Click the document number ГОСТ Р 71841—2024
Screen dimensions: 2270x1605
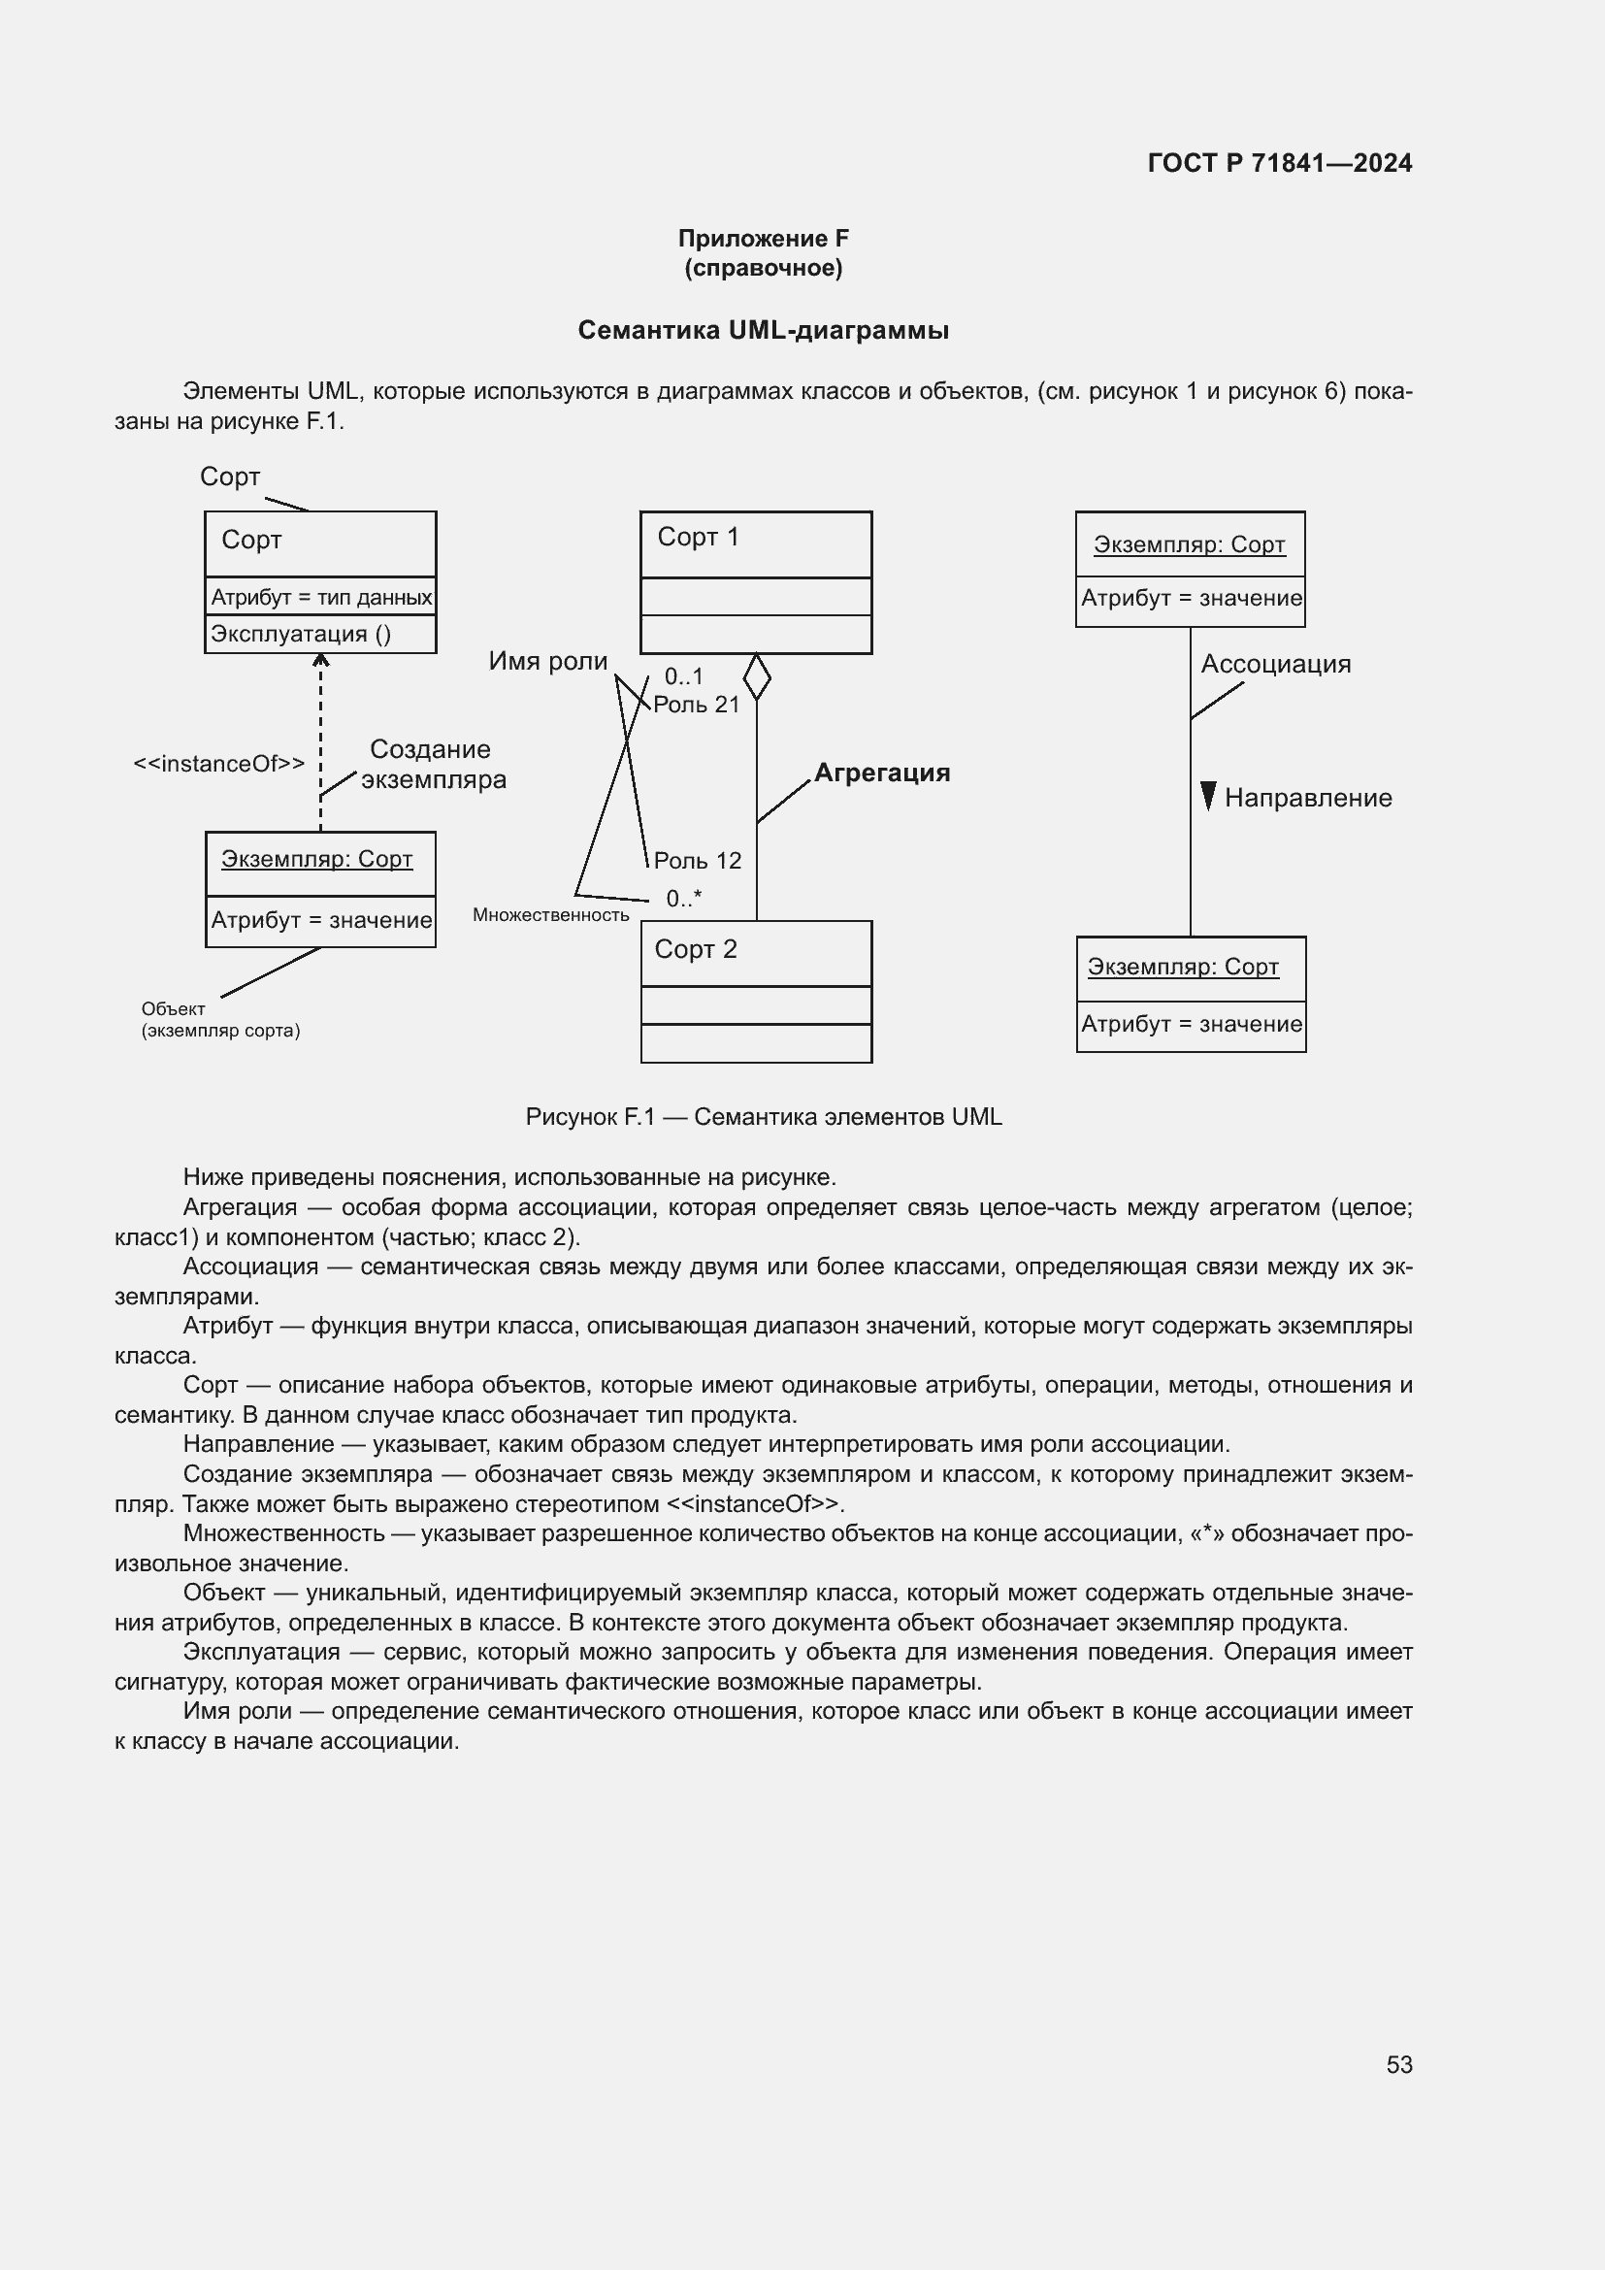[1279, 163]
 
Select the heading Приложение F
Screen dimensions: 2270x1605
[762, 239]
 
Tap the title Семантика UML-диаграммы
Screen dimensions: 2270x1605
[762, 330]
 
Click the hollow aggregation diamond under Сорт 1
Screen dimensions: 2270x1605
[756, 676]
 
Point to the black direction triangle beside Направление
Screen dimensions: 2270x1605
[1207, 795]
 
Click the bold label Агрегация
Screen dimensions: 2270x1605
[881, 773]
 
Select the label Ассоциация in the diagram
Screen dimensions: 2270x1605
[1275, 664]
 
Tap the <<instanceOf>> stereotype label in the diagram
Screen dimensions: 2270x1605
[218, 763]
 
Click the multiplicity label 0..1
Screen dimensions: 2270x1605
[683, 676]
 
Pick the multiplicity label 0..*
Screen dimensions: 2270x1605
[683, 898]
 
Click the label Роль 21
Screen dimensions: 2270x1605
[696, 704]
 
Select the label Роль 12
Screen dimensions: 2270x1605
[697, 860]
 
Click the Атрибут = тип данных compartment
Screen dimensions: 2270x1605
[320, 597]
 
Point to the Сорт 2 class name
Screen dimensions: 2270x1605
[696, 949]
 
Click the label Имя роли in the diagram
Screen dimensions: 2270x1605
[547, 661]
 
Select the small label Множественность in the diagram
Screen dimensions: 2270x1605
[550, 914]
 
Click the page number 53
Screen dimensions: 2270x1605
[1398, 2064]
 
